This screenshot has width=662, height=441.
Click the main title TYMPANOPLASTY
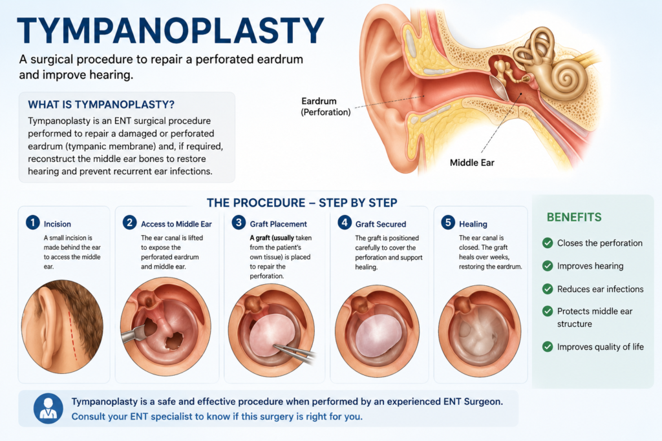click(171, 30)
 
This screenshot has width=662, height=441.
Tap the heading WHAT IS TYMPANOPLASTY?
click(101, 105)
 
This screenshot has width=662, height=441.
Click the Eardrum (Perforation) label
click(326, 107)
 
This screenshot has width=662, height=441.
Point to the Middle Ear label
click(472, 163)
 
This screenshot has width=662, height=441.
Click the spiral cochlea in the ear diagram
click(566, 78)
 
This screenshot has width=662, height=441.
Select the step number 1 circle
click(32, 223)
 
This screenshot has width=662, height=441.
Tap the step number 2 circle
click(129, 223)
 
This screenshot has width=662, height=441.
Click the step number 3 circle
click(239, 223)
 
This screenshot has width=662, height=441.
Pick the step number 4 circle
click(345, 223)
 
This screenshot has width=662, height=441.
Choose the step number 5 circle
click(448, 223)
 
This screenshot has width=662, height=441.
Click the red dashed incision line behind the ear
click(72, 334)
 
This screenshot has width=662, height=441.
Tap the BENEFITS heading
click(574, 217)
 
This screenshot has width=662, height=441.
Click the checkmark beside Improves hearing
click(548, 266)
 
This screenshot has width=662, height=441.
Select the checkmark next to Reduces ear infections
click(548, 289)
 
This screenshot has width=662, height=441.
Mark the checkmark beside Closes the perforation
click(548, 243)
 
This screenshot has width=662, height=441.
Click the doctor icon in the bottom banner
click(48, 409)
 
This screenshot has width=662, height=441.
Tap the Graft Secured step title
click(380, 224)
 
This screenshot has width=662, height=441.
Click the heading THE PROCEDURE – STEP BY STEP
click(302, 203)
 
